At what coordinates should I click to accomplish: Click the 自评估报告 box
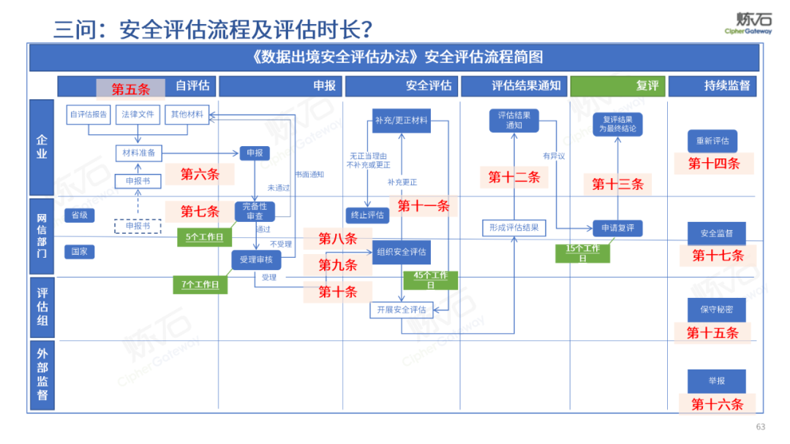(x=88, y=114)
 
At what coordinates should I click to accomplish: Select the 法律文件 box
(x=138, y=114)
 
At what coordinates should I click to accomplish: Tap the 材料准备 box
(x=138, y=153)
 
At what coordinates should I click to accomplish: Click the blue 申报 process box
(x=255, y=153)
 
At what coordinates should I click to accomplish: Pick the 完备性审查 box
(x=255, y=211)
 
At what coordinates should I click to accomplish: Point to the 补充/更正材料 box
(x=401, y=120)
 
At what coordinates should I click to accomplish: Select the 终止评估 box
(x=366, y=215)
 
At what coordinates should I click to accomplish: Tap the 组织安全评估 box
(x=401, y=252)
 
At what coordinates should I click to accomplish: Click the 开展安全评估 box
(x=401, y=310)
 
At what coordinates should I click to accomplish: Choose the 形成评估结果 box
(x=513, y=228)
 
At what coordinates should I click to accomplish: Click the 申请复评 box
(x=618, y=228)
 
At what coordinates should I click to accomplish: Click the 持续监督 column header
(x=713, y=85)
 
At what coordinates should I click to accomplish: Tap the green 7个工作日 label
(x=200, y=284)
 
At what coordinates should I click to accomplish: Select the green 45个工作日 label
(x=430, y=280)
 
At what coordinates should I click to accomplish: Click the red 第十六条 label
(x=717, y=404)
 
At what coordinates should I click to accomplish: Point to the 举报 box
(x=716, y=380)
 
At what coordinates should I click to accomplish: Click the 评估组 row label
(x=42, y=307)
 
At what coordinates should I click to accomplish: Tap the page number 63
(x=760, y=427)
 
